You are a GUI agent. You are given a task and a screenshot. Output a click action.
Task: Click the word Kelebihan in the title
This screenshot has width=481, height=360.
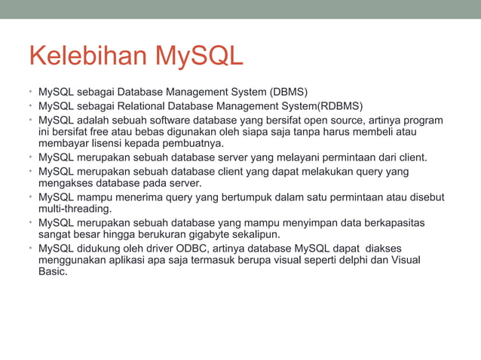pyautogui.click(x=87, y=57)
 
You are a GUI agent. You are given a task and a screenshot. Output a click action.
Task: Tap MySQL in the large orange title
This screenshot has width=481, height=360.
pyautogui.click(x=198, y=57)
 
